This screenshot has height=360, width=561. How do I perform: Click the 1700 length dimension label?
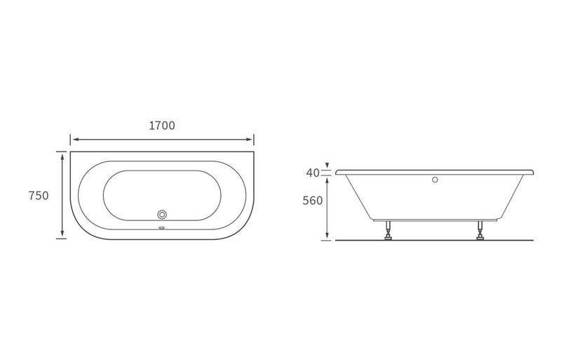(162, 126)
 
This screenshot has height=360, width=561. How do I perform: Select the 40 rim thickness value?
(313, 173)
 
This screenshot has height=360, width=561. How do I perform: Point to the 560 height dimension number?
(313, 201)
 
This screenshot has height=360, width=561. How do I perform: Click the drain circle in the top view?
(163, 214)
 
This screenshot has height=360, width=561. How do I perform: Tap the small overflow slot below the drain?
(163, 227)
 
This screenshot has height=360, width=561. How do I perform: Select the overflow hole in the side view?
(435, 180)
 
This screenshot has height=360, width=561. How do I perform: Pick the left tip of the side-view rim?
(337, 171)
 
